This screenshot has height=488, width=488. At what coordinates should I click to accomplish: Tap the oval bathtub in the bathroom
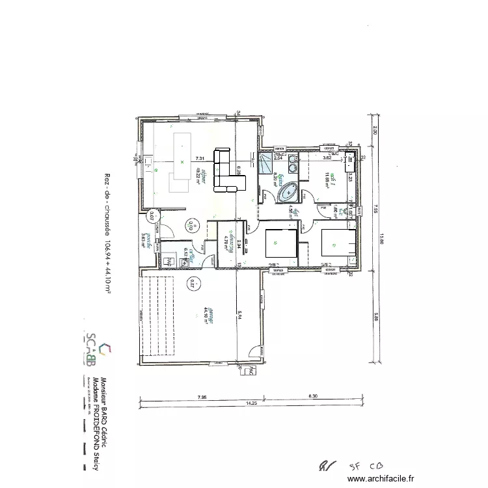tap(287, 193)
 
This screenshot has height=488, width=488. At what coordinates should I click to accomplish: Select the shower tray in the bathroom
tap(266, 164)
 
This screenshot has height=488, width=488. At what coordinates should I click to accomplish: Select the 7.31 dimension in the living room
tap(200, 158)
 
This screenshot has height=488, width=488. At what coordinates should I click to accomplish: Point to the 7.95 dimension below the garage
tap(202, 396)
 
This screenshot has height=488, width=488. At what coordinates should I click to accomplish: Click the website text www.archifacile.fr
tap(381, 478)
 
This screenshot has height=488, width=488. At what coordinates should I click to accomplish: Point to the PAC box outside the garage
tap(246, 372)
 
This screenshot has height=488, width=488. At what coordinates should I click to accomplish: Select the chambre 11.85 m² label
tap(331, 176)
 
